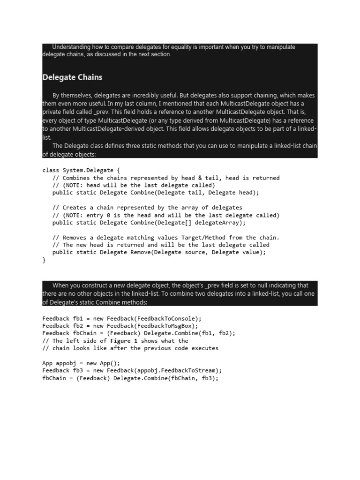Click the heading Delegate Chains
(x=72, y=77)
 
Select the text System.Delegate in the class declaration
(x=87, y=171)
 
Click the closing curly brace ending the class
(x=44, y=260)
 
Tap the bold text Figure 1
(x=124, y=341)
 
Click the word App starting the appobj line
(x=47, y=363)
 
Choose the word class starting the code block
(x=51, y=171)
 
